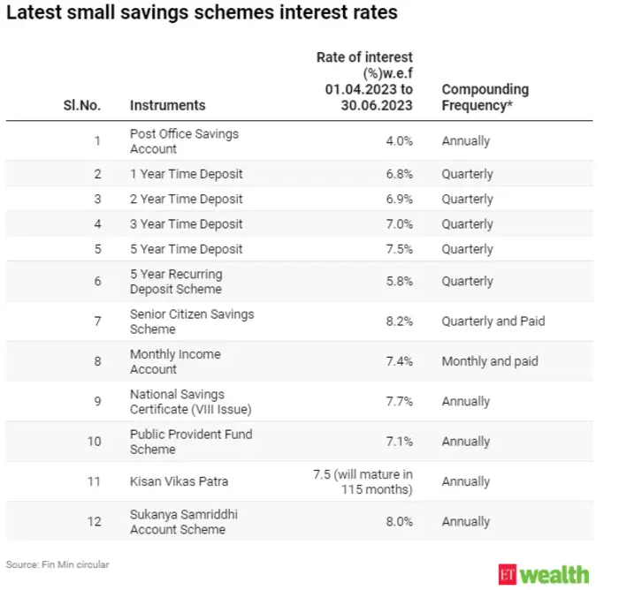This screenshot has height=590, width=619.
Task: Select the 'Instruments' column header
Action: tap(167, 105)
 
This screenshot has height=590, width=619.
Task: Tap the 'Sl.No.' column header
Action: tap(81, 105)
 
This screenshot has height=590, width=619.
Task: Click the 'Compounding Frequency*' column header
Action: tap(485, 97)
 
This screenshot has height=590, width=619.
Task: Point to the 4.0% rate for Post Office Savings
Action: tap(398, 141)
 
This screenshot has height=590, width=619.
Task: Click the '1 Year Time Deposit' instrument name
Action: tap(186, 174)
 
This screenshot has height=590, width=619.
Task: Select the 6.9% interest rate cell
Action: tap(398, 199)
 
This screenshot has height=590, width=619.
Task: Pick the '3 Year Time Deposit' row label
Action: tap(186, 223)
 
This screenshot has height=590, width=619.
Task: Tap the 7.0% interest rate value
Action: tap(398, 223)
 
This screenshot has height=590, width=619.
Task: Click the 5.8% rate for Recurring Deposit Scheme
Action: tap(398, 281)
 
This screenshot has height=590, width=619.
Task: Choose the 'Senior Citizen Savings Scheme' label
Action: tap(191, 321)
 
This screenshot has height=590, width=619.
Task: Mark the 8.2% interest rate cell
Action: tap(398, 321)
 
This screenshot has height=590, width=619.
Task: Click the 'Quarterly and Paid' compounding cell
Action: tap(493, 321)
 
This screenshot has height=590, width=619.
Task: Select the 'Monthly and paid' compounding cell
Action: tap(489, 361)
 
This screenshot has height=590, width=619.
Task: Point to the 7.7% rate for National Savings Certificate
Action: tap(398, 401)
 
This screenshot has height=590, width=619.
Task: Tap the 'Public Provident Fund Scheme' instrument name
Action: tap(190, 442)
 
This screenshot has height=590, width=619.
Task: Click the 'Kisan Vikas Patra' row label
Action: tap(180, 481)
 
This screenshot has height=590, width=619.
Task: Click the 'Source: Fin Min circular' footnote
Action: tap(57, 564)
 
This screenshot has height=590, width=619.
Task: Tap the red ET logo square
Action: tap(506, 574)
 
